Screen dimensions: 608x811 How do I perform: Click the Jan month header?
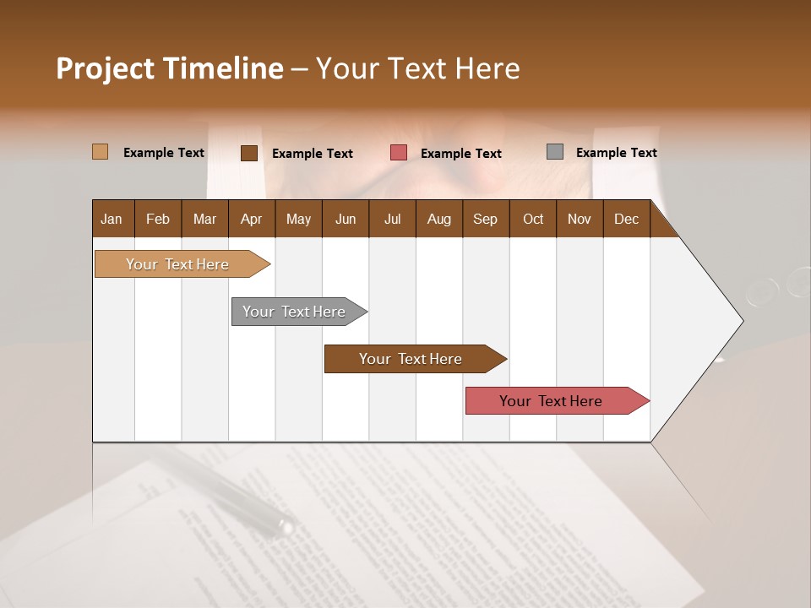click(112, 219)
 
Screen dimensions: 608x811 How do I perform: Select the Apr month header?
click(251, 219)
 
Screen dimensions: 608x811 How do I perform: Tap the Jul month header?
click(392, 219)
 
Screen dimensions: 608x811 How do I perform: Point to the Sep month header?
click(485, 219)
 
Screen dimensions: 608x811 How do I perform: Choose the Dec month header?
click(626, 219)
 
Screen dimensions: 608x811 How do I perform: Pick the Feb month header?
click(158, 219)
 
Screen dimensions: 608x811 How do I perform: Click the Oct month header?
click(533, 219)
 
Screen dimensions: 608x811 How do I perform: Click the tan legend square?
click(100, 152)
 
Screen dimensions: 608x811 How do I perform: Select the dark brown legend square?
click(249, 153)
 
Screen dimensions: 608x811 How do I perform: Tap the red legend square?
click(399, 153)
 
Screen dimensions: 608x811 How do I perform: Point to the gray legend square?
click(555, 152)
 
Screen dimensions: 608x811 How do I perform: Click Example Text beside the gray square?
click(616, 153)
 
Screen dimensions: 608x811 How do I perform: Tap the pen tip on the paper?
click(286, 529)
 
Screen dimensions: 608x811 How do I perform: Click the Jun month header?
click(346, 219)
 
